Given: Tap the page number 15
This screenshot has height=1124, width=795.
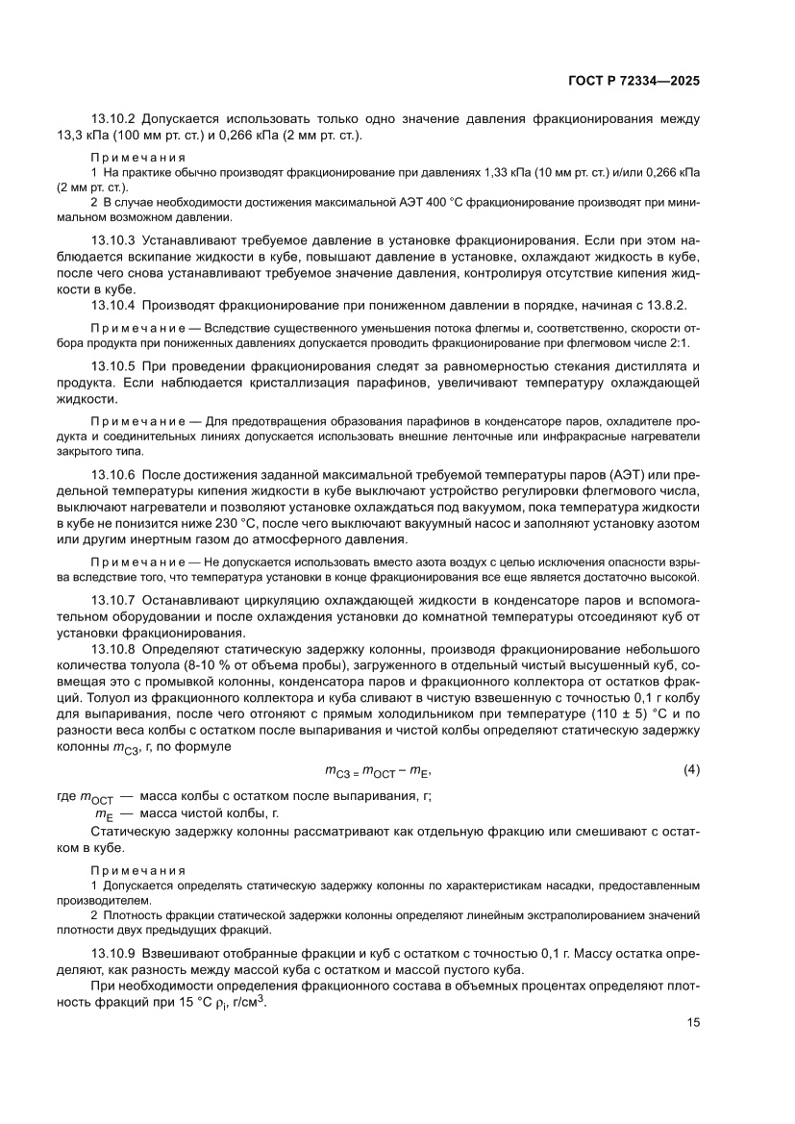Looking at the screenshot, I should (692, 1023).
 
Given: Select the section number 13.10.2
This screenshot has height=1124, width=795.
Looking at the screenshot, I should (115, 120).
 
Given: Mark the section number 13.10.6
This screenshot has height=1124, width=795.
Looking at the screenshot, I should (115, 475).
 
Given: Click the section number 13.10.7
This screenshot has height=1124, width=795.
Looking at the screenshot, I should (115, 600).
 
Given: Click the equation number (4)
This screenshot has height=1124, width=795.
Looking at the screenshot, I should (690, 743).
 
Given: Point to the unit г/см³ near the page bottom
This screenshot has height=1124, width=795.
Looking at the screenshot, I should (248, 1001).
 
